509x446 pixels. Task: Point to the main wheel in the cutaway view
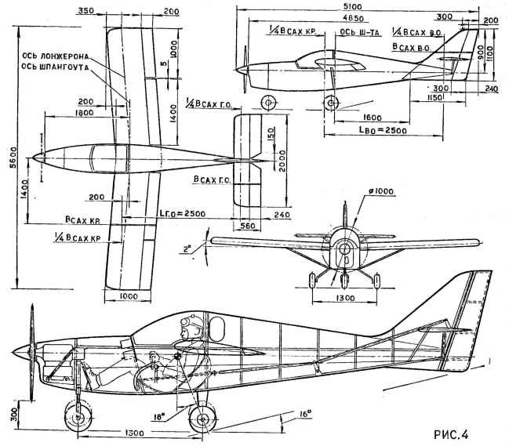[202, 418]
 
